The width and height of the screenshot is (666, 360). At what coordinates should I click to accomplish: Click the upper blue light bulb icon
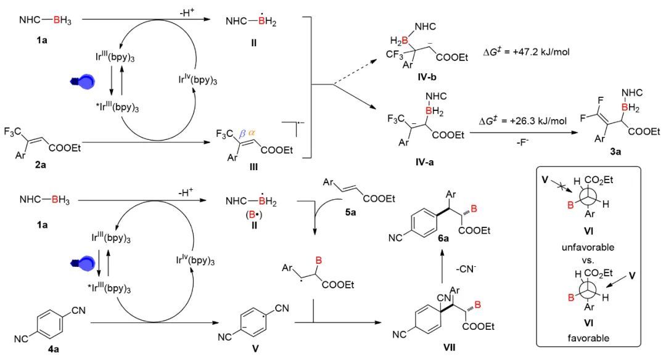(x=83, y=83)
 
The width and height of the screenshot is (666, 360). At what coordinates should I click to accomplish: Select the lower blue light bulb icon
(x=83, y=264)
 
